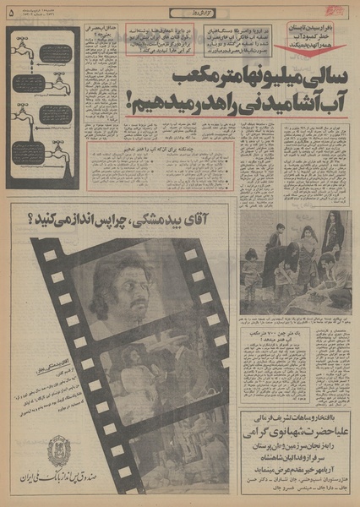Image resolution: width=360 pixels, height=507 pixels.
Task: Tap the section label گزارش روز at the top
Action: coord(180,11)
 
